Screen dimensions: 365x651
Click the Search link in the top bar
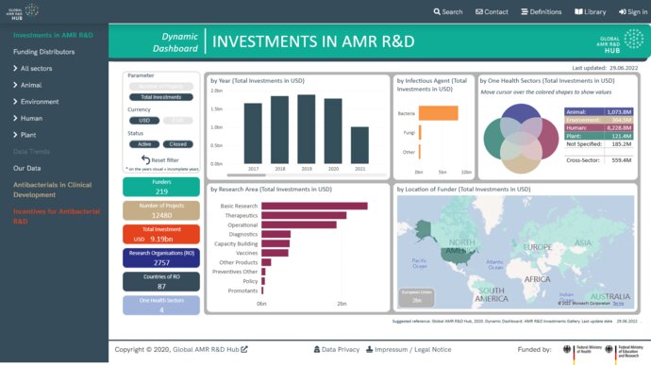click(448, 12)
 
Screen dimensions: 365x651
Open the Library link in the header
click(590, 12)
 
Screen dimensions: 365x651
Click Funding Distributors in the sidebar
click(43, 52)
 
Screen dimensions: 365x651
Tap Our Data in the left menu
click(26, 168)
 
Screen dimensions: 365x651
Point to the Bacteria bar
click(439, 113)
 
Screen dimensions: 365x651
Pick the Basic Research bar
click(314, 205)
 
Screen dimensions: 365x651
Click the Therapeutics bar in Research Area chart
click(303, 215)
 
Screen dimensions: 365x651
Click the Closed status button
click(178, 144)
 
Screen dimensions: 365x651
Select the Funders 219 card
click(160, 187)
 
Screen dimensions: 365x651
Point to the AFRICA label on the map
click(538, 279)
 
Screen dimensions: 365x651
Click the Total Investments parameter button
click(160, 97)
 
